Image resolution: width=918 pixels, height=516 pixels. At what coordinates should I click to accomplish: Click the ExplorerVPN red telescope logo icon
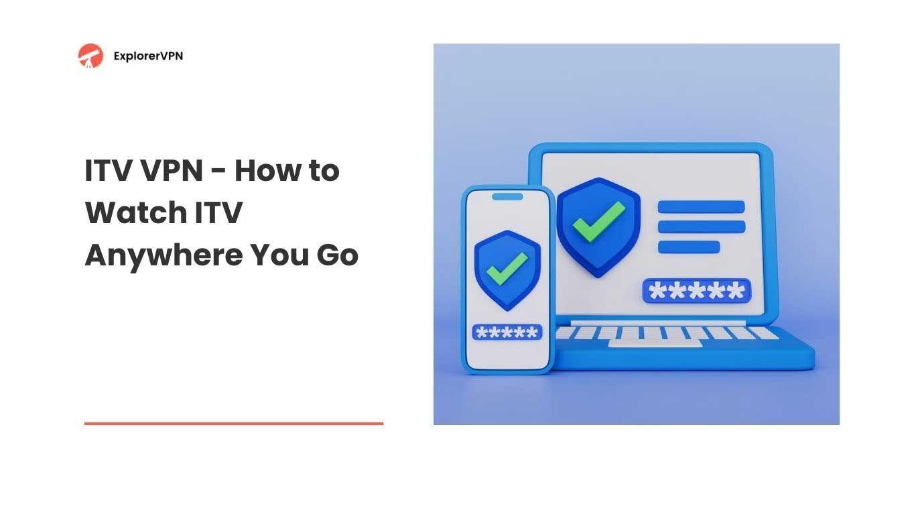pyautogui.click(x=90, y=56)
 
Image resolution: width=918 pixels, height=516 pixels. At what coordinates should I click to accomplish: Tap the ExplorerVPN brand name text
pyautogui.click(x=148, y=56)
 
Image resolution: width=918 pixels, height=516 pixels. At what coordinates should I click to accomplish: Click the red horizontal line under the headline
pyautogui.click(x=234, y=424)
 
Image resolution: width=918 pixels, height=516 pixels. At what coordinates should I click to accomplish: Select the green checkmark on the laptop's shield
pyautogui.click(x=599, y=222)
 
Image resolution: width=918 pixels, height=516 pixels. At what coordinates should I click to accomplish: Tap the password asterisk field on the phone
pyautogui.click(x=507, y=332)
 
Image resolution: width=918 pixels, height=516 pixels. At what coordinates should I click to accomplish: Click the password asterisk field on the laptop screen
pyautogui.click(x=697, y=291)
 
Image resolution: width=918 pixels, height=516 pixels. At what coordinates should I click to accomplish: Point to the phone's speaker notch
pyautogui.click(x=507, y=197)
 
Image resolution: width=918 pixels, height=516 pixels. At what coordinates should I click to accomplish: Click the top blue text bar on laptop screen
pyautogui.click(x=701, y=207)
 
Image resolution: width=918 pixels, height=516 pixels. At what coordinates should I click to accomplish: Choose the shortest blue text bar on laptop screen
pyautogui.click(x=689, y=247)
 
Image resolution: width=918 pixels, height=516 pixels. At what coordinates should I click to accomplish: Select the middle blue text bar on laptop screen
pyautogui.click(x=701, y=227)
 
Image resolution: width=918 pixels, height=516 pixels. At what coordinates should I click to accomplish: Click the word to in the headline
pyautogui.click(x=324, y=171)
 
